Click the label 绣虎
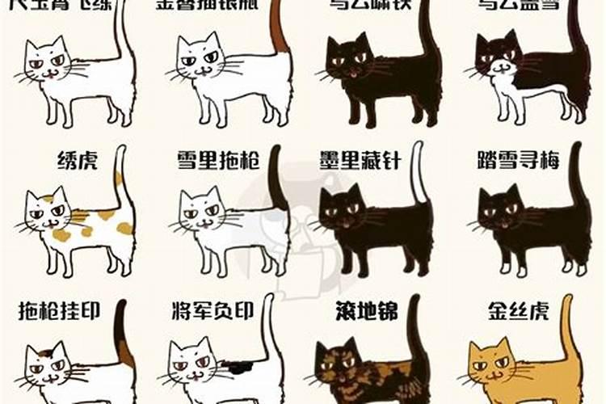tap(78, 160)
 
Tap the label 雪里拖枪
tap(220, 160)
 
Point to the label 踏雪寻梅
tap(523, 160)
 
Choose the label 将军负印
tap(213, 311)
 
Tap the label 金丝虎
tap(518, 311)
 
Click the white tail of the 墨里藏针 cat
tap(417, 174)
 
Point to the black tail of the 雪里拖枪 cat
tap(274, 178)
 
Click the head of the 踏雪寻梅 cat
tap(500, 213)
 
